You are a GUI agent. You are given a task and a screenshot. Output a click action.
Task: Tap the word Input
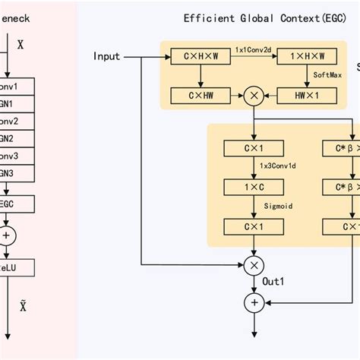107,56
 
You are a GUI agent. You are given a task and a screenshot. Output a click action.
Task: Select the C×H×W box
199,57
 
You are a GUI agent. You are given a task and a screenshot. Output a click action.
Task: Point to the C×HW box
199,95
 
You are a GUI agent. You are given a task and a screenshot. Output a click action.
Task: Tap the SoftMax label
328,76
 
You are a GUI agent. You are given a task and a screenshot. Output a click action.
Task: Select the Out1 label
273,282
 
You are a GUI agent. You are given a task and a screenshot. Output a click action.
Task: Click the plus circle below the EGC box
8,235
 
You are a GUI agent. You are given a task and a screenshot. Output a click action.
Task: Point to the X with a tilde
23,305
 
